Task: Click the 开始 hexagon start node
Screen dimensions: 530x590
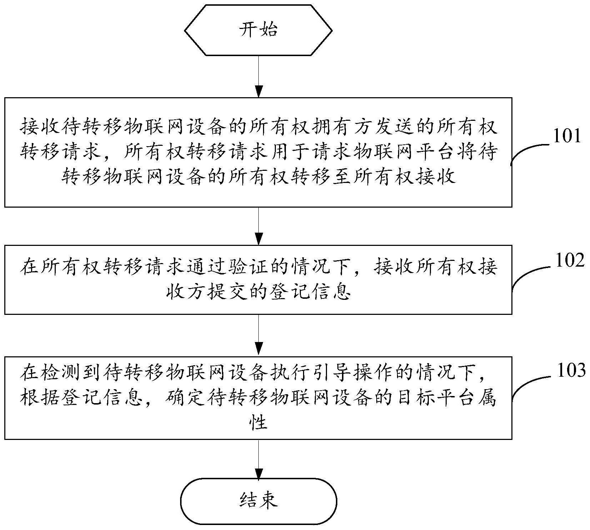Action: coord(258,30)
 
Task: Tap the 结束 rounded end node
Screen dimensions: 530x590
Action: coord(259,500)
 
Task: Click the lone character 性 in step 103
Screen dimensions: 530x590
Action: coord(258,423)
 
